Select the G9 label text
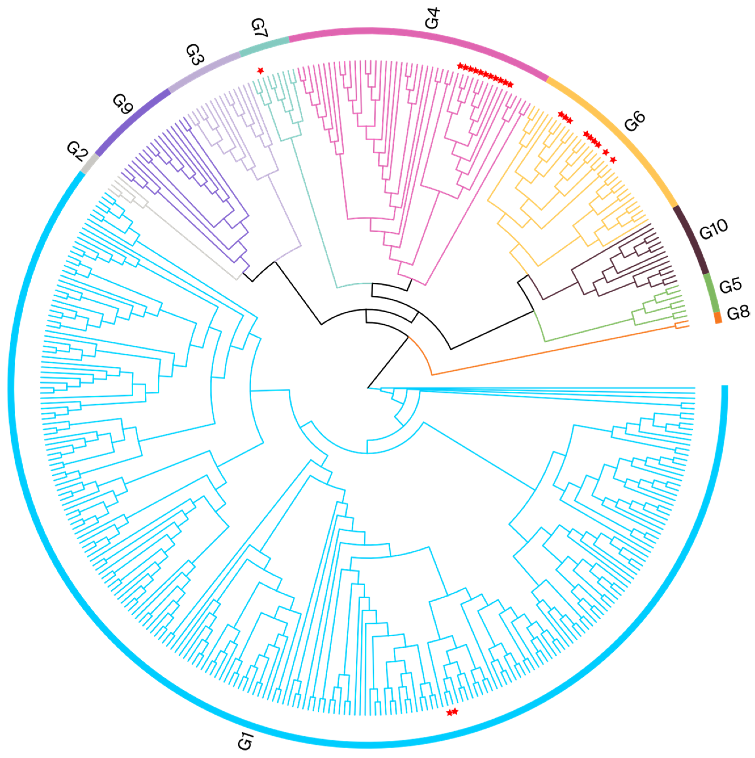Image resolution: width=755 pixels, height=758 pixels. pos(123,104)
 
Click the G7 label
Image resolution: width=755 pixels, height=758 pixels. pos(259,29)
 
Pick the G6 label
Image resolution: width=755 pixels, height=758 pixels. pos(634,121)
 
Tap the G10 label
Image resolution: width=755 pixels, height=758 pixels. pos(713,229)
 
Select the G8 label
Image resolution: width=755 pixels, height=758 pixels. pos(738,313)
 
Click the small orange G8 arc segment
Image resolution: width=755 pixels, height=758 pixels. pos(718,317)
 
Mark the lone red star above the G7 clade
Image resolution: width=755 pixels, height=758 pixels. pos(260,71)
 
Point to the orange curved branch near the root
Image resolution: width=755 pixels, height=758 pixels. pos(424,355)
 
